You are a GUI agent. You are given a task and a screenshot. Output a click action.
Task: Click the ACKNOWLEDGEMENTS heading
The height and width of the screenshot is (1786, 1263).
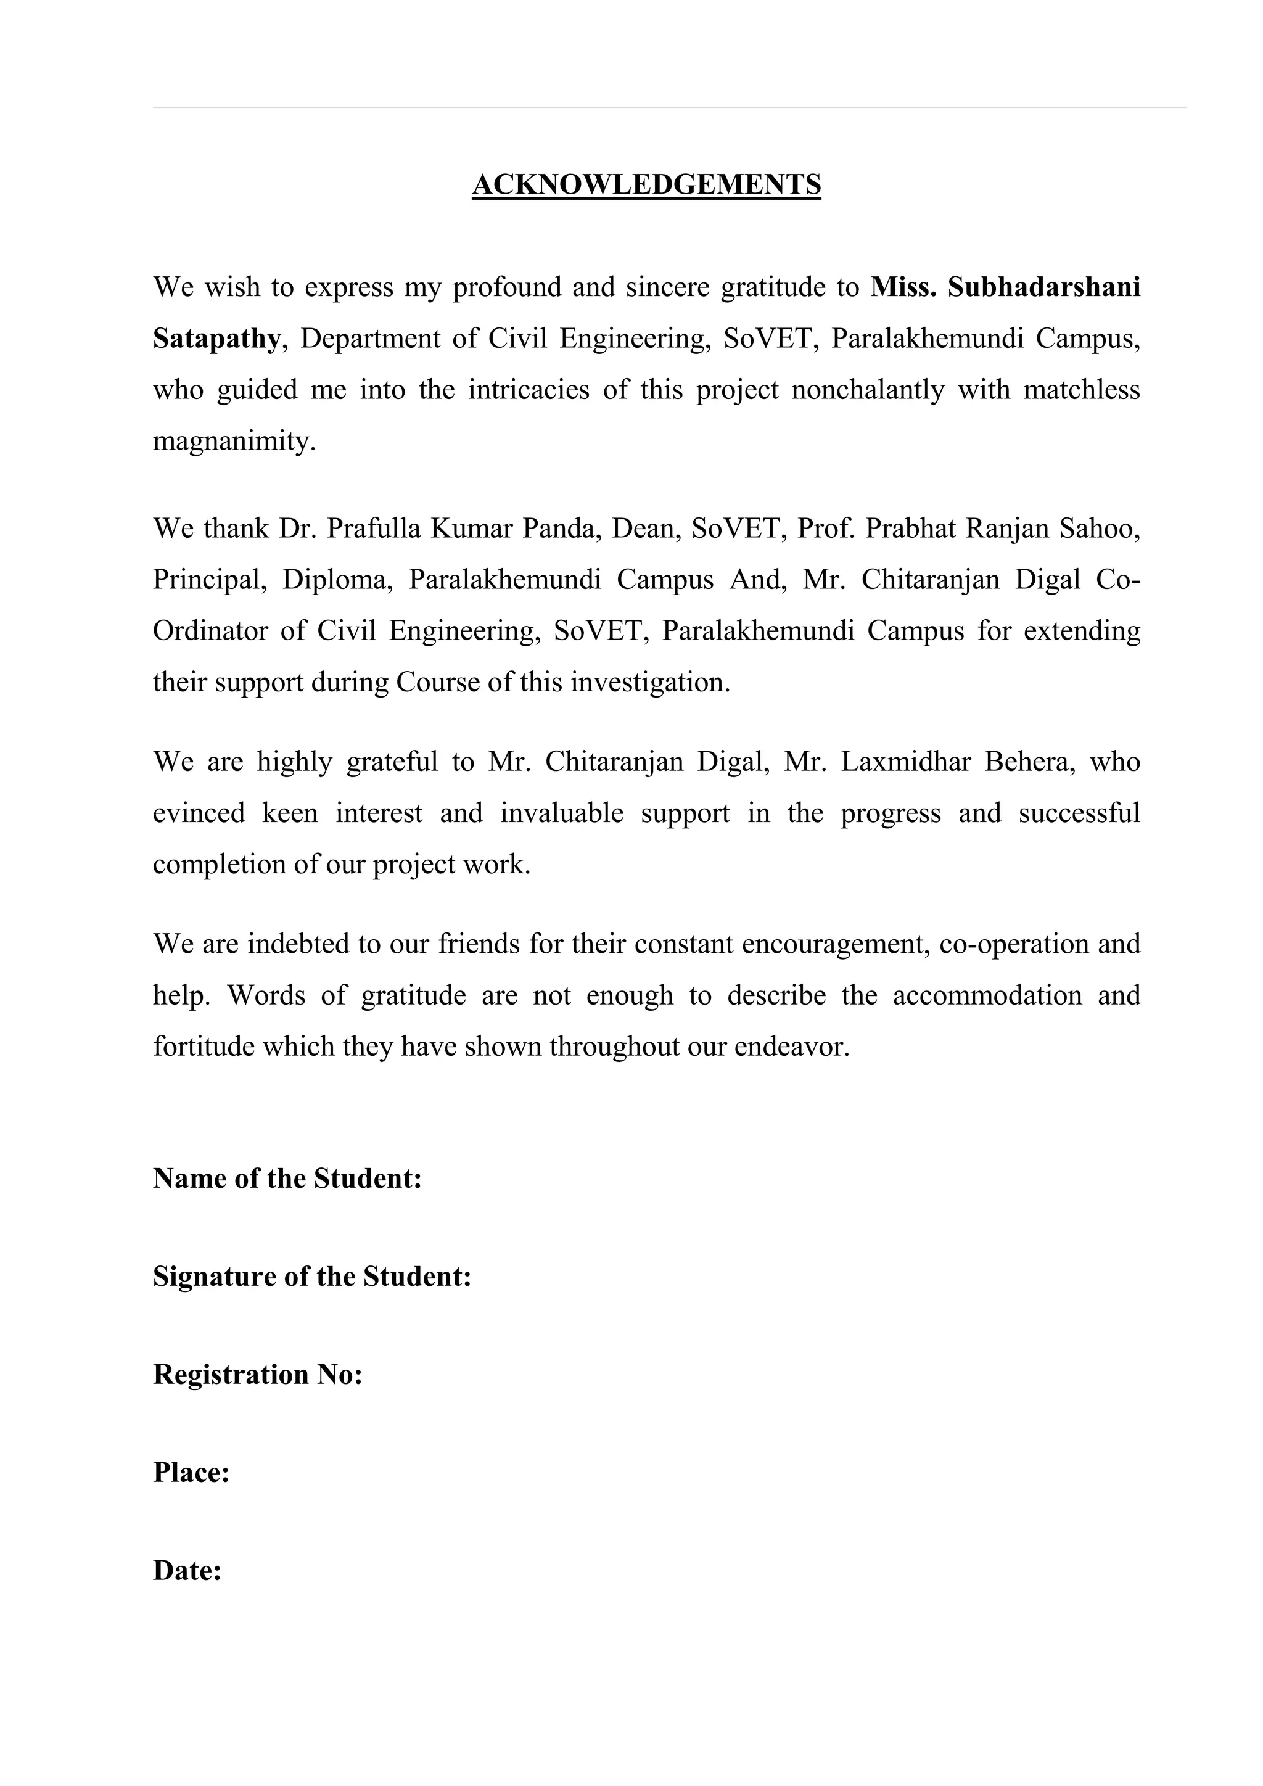(x=646, y=185)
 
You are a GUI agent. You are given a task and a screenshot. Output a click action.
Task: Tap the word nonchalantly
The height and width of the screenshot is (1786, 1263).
(x=867, y=390)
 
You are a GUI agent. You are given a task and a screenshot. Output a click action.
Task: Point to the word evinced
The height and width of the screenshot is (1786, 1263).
(x=199, y=813)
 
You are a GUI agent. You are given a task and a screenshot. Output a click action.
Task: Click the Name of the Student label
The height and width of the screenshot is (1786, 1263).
(x=287, y=1179)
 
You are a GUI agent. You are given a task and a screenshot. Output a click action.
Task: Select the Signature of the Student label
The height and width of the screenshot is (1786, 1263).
(x=312, y=1277)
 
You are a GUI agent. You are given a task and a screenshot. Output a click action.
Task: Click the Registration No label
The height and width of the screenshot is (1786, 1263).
(x=257, y=1375)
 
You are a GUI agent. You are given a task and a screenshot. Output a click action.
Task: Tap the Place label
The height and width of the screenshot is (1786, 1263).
(x=191, y=1473)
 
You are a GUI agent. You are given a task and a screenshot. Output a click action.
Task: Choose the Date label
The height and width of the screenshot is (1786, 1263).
(x=187, y=1571)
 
